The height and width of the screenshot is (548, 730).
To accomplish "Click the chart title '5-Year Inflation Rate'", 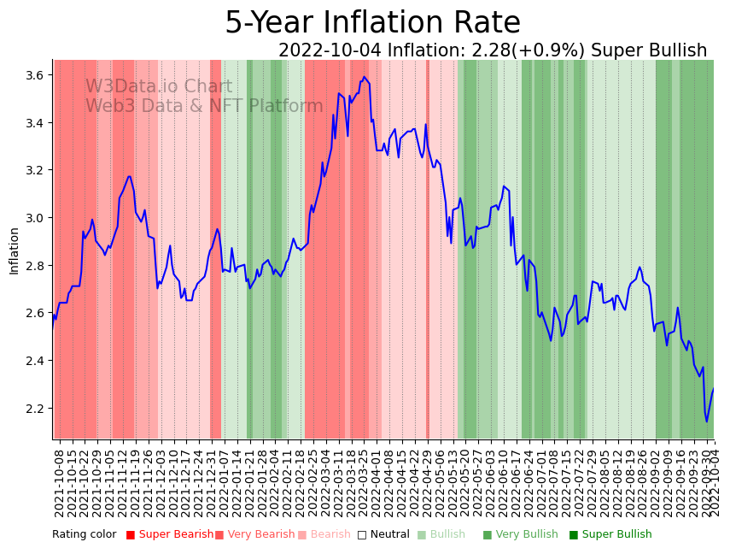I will (x=372, y=23).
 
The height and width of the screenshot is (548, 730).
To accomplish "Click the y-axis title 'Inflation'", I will (x=14, y=250).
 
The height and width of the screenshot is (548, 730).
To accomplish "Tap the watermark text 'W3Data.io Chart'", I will (x=159, y=87).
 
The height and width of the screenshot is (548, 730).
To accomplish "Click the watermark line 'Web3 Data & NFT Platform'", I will (x=204, y=106).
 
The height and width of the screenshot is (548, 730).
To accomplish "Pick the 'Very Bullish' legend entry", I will (x=515, y=534).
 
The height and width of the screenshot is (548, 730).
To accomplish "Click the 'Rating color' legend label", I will (x=84, y=534).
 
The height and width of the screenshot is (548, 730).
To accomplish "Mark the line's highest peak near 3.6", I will (x=364, y=77).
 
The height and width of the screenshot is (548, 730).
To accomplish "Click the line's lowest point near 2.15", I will (x=706, y=421).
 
